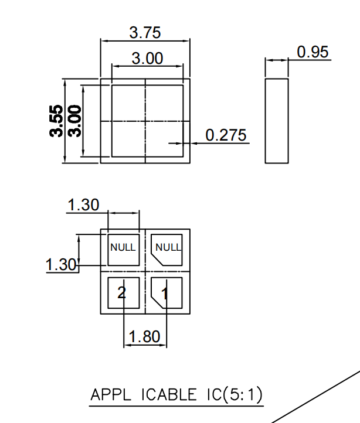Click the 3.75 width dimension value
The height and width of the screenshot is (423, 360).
pos(145,33)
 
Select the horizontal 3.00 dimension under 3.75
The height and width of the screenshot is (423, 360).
pos(147,59)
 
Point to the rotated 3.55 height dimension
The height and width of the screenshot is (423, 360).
pos(56,121)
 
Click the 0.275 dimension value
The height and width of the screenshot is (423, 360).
pos(226,135)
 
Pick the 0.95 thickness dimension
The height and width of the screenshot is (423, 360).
pos(313,52)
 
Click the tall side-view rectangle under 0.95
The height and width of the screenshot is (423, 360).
pos(277,121)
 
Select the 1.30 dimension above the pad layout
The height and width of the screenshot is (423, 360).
pos(83,205)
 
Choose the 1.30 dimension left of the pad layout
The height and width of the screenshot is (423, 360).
pos(61,265)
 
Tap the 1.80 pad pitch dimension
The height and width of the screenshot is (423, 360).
pos(144,337)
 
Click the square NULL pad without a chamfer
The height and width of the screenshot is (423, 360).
pos(123,248)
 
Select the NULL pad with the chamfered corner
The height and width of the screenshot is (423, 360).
pos(167,249)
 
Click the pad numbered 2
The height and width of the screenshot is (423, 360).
pos(123,293)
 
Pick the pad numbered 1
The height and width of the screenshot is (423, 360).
pos(167,293)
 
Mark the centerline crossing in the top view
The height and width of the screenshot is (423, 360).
pos(145,121)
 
